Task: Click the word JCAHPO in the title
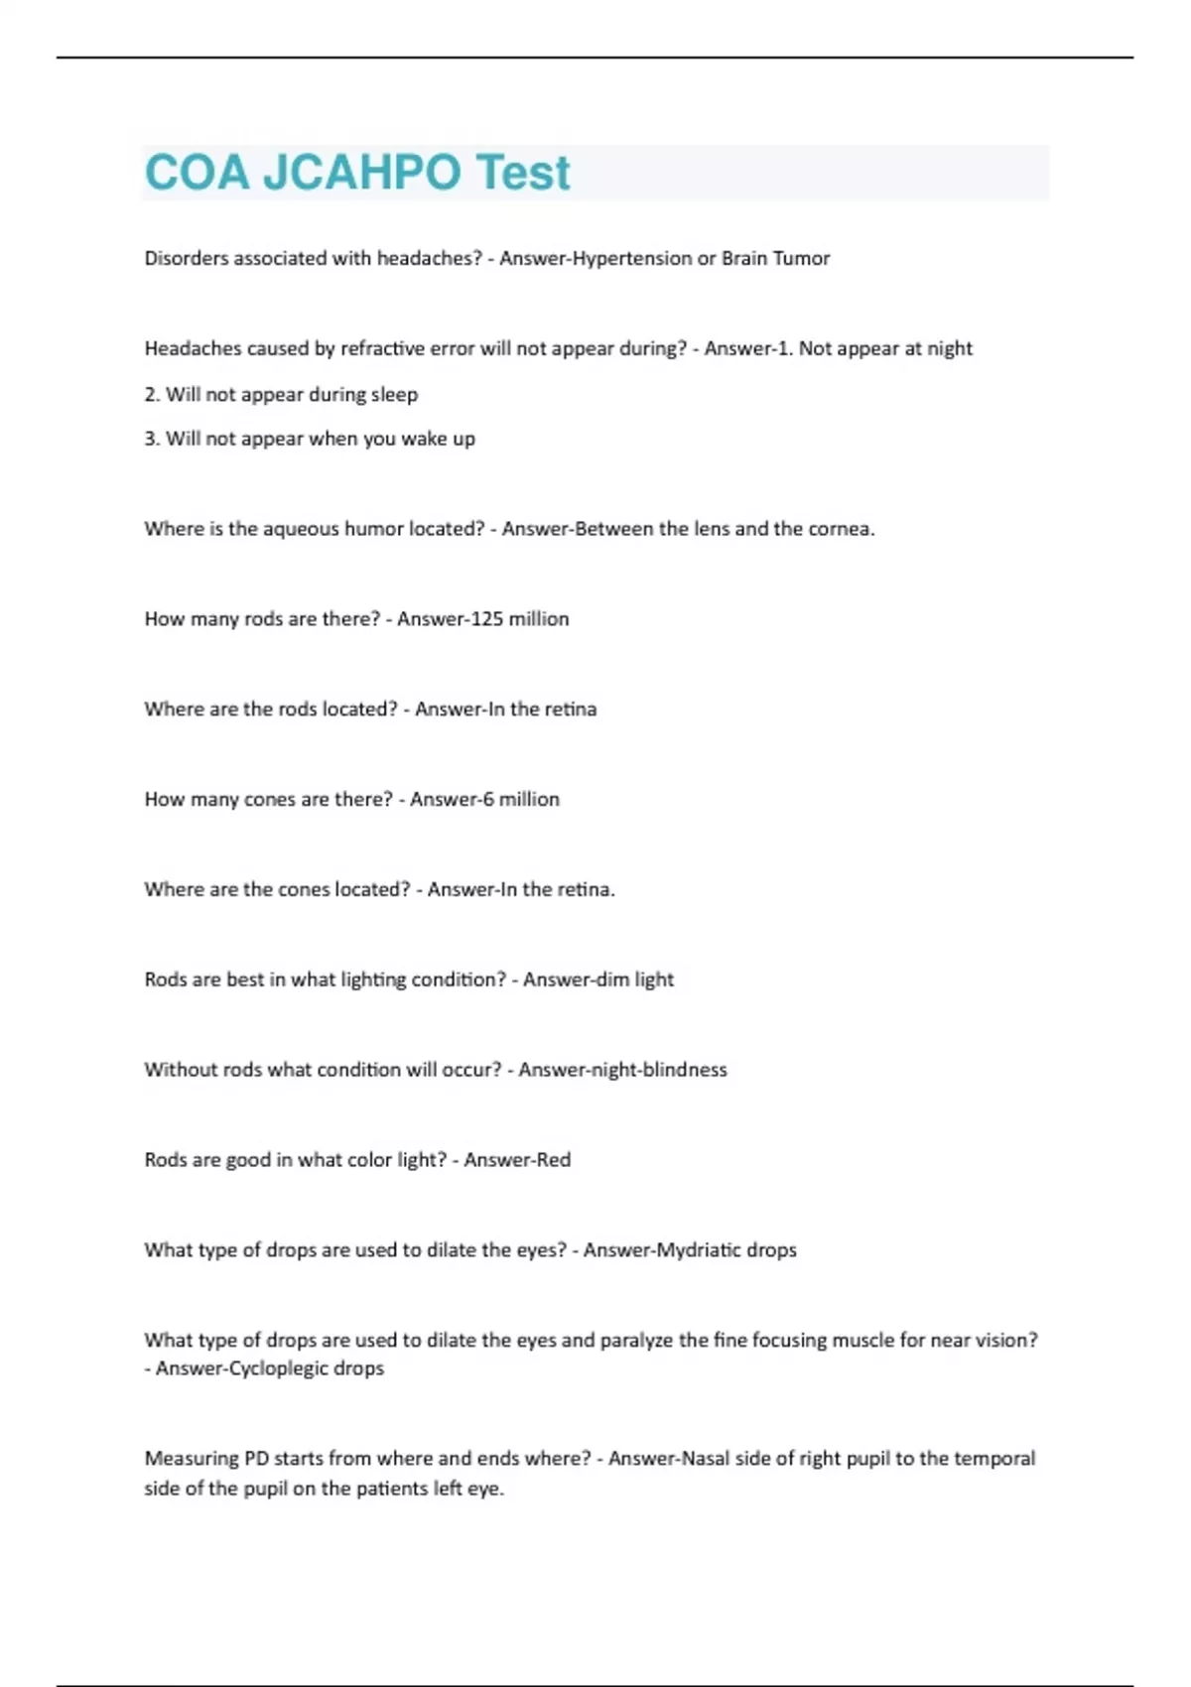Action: [x=362, y=173]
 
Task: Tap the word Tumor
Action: [x=801, y=258]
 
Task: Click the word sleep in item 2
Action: [x=394, y=394]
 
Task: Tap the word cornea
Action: [x=841, y=529]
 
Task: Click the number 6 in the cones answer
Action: [x=487, y=799]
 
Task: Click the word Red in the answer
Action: [x=552, y=1160]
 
